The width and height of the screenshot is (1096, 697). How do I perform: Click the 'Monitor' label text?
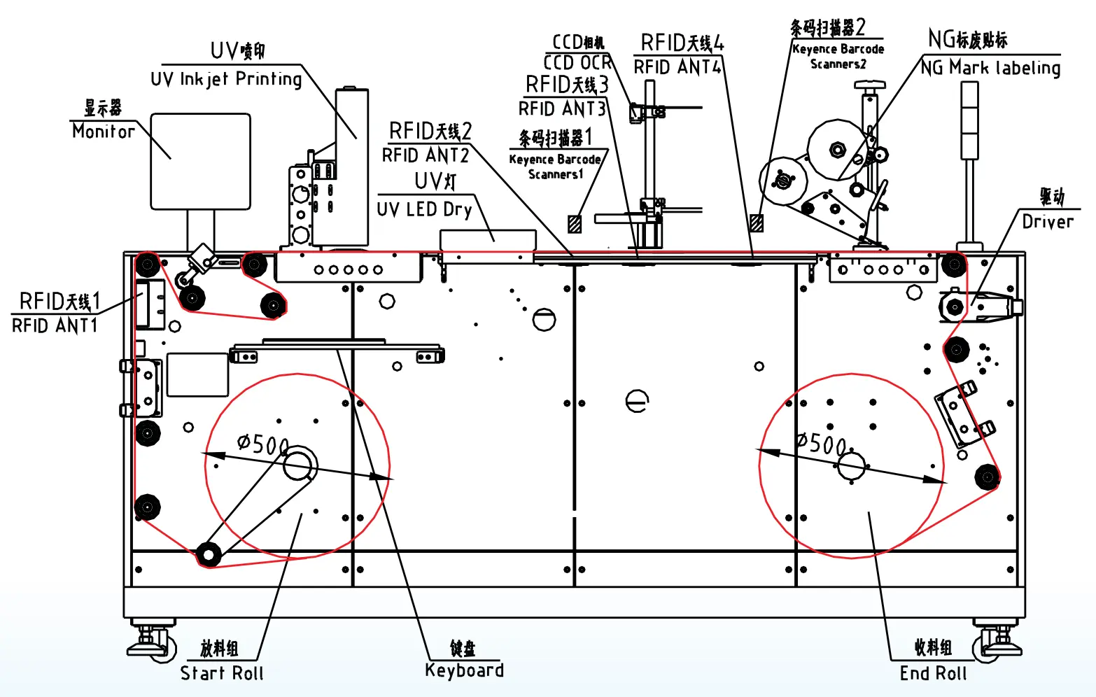click(104, 131)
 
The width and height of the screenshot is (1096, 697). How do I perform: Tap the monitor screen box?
click(201, 162)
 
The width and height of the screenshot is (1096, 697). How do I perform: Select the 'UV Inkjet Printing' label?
click(226, 79)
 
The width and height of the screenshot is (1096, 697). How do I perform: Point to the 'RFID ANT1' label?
click(55, 325)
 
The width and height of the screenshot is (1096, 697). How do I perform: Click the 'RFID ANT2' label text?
click(425, 155)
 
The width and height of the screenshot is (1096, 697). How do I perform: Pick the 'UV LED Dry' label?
click(424, 209)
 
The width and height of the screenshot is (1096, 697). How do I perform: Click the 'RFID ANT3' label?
click(561, 109)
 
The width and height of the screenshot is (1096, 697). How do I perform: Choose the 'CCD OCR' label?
click(577, 63)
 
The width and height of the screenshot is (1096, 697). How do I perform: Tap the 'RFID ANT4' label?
click(677, 67)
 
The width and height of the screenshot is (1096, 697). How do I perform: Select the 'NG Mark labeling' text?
click(990, 68)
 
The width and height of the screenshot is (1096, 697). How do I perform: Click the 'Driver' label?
click(1048, 222)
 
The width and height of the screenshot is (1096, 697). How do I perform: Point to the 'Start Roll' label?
click(222, 673)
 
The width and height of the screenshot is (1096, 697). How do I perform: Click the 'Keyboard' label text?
click(464, 670)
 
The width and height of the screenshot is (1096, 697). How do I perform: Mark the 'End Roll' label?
click(933, 673)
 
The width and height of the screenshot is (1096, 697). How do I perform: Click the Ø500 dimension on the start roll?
click(262, 444)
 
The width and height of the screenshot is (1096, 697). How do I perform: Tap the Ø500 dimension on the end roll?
click(822, 444)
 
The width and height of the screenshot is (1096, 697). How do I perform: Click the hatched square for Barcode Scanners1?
click(575, 223)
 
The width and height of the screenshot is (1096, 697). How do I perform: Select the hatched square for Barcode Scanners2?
click(756, 223)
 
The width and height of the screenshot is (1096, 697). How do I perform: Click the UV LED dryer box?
click(488, 240)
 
